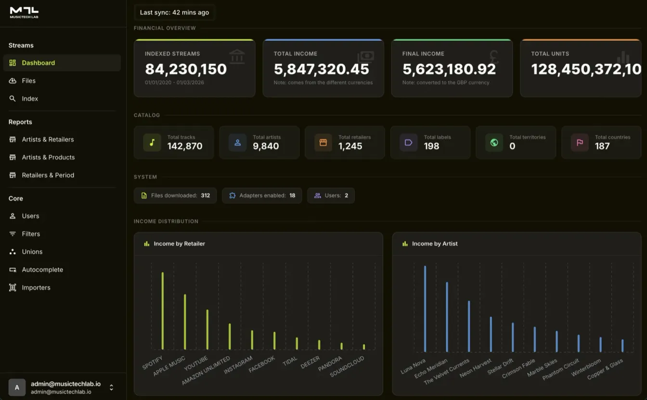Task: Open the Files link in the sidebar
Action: [28, 81]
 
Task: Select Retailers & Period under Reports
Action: [48, 175]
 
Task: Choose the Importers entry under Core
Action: [36, 288]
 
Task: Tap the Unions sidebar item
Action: [32, 252]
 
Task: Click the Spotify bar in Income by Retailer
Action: [163, 311]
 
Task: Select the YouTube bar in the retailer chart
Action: [207, 329]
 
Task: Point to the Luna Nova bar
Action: [425, 308]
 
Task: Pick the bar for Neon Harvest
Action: [491, 334]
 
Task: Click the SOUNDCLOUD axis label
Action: [347, 366]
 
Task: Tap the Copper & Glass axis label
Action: [605, 369]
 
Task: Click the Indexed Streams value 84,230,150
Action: [186, 69]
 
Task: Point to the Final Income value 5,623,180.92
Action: [449, 69]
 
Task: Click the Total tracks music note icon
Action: [152, 143]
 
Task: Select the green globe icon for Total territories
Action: [494, 143]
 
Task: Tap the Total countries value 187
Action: [602, 147]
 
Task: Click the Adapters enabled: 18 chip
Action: [262, 196]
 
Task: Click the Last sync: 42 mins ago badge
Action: [174, 13]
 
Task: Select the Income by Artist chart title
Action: [435, 244]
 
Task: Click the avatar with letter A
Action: [17, 387]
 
